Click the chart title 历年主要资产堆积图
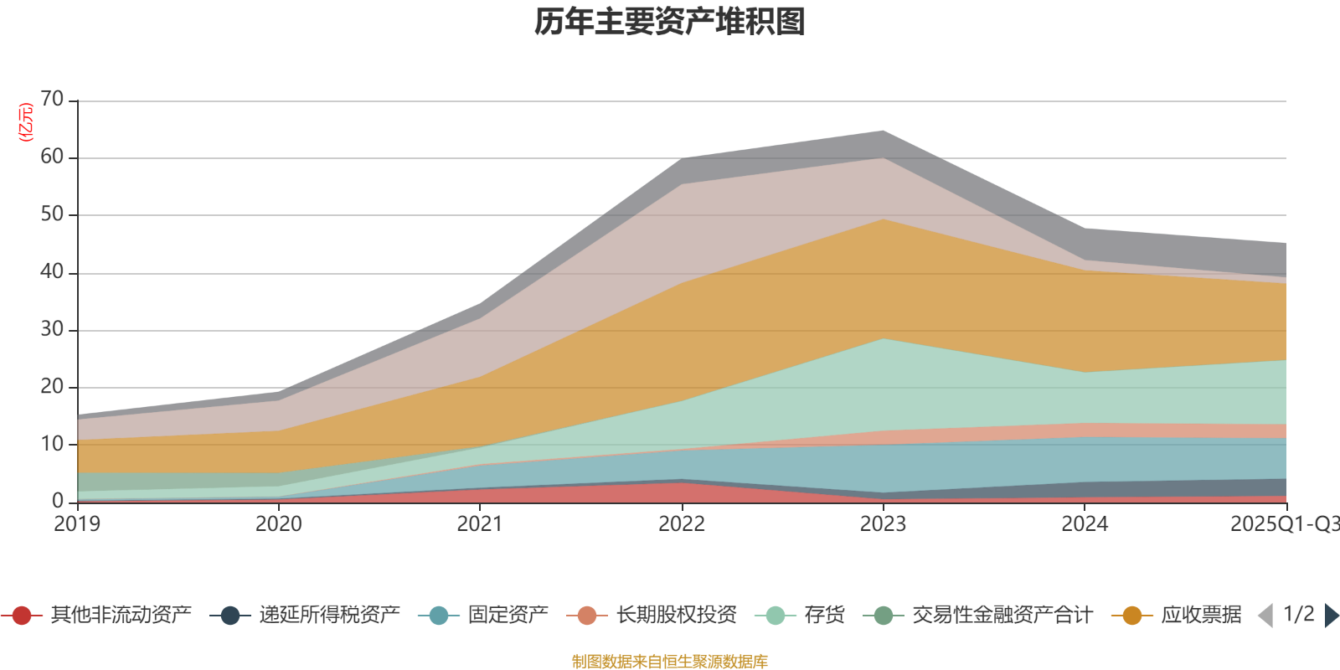[670, 23]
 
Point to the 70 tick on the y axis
[52, 100]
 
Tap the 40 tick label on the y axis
[52, 272]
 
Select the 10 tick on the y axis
[52, 444]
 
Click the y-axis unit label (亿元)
[26, 122]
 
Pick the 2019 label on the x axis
[77, 524]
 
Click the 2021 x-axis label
[480, 524]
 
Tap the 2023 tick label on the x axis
[883, 524]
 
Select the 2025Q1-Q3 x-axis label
[1284, 524]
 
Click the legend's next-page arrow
[1332, 616]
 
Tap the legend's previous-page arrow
[1265, 616]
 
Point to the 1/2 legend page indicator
[1299, 615]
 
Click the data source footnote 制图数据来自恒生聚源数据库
[670, 662]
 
